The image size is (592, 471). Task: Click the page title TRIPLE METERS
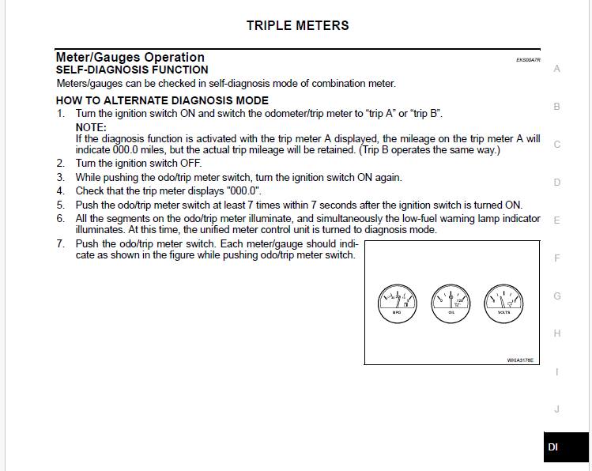pos(297,25)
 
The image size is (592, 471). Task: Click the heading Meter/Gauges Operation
pos(130,57)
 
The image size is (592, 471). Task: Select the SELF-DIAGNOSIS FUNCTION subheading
pos(132,70)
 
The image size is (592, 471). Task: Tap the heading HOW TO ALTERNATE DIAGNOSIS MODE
pos(162,100)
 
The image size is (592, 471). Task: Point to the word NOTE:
pos(91,127)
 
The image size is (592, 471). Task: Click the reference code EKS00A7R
pos(528,60)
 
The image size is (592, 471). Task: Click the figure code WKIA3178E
pos(520,360)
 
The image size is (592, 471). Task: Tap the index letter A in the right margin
pos(557,69)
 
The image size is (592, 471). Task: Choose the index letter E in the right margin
pos(557,220)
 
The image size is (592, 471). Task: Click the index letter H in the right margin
pos(557,333)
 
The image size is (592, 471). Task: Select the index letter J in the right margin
pos(557,409)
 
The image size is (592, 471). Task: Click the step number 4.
pos(60,190)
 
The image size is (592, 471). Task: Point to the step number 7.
pos(60,243)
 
